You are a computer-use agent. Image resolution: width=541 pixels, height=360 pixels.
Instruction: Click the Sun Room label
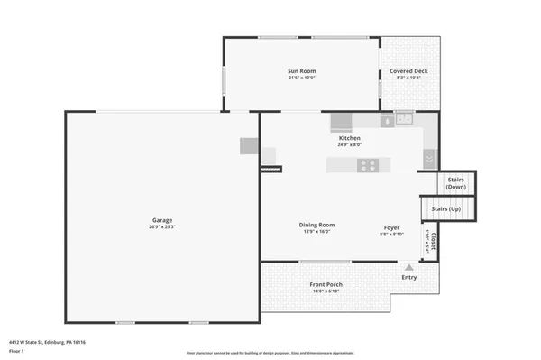click(301, 70)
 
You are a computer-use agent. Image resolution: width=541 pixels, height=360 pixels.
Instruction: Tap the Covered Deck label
click(408, 71)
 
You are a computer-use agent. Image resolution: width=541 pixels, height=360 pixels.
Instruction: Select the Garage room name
click(162, 220)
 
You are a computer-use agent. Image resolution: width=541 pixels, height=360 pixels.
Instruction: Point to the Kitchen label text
click(349, 138)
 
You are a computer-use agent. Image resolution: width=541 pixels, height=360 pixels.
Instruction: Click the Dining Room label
click(316, 225)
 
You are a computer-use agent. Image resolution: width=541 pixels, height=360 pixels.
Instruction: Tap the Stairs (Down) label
click(455, 181)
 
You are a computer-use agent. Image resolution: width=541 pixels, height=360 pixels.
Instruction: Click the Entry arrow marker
click(409, 267)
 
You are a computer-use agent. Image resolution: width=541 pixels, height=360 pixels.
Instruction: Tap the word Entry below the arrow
click(409, 278)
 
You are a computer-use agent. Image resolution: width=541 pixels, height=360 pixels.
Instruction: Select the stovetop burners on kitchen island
click(368, 164)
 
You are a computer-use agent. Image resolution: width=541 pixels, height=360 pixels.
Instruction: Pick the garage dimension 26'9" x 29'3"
click(162, 228)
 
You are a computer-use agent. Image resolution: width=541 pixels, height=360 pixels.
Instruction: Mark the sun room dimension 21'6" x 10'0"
click(301, 78)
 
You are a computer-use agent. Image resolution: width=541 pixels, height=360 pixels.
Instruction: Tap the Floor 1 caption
click(18, 351)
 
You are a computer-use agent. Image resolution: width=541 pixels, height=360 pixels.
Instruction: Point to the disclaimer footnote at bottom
click(270, 353)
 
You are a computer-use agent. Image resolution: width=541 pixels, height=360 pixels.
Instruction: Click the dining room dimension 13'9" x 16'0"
click(316, 232)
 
